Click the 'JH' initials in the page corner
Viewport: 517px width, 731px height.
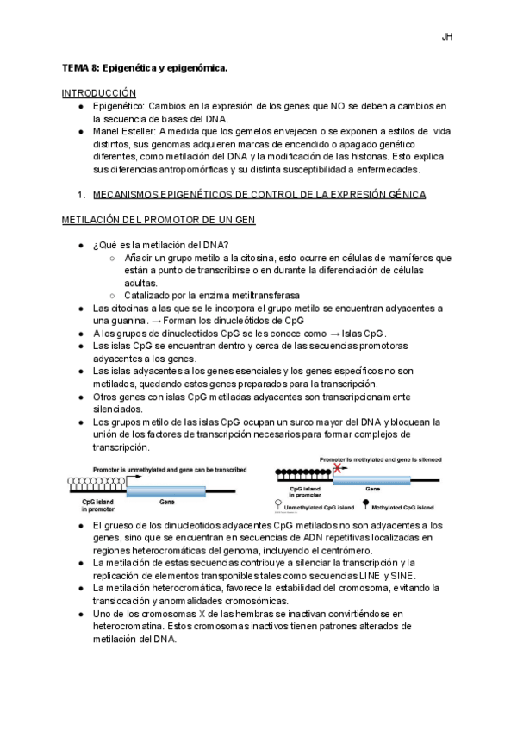tap(447, 36)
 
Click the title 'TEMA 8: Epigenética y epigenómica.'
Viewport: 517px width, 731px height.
tap(145, 66)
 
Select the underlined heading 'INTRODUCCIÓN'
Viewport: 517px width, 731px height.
tap(99, 92)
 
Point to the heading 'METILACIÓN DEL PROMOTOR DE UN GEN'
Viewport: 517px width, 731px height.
tap(158, 221)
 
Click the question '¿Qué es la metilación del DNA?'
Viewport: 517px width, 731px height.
tap(154, 245)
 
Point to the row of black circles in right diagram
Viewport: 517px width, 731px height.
tap(299, 472)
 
